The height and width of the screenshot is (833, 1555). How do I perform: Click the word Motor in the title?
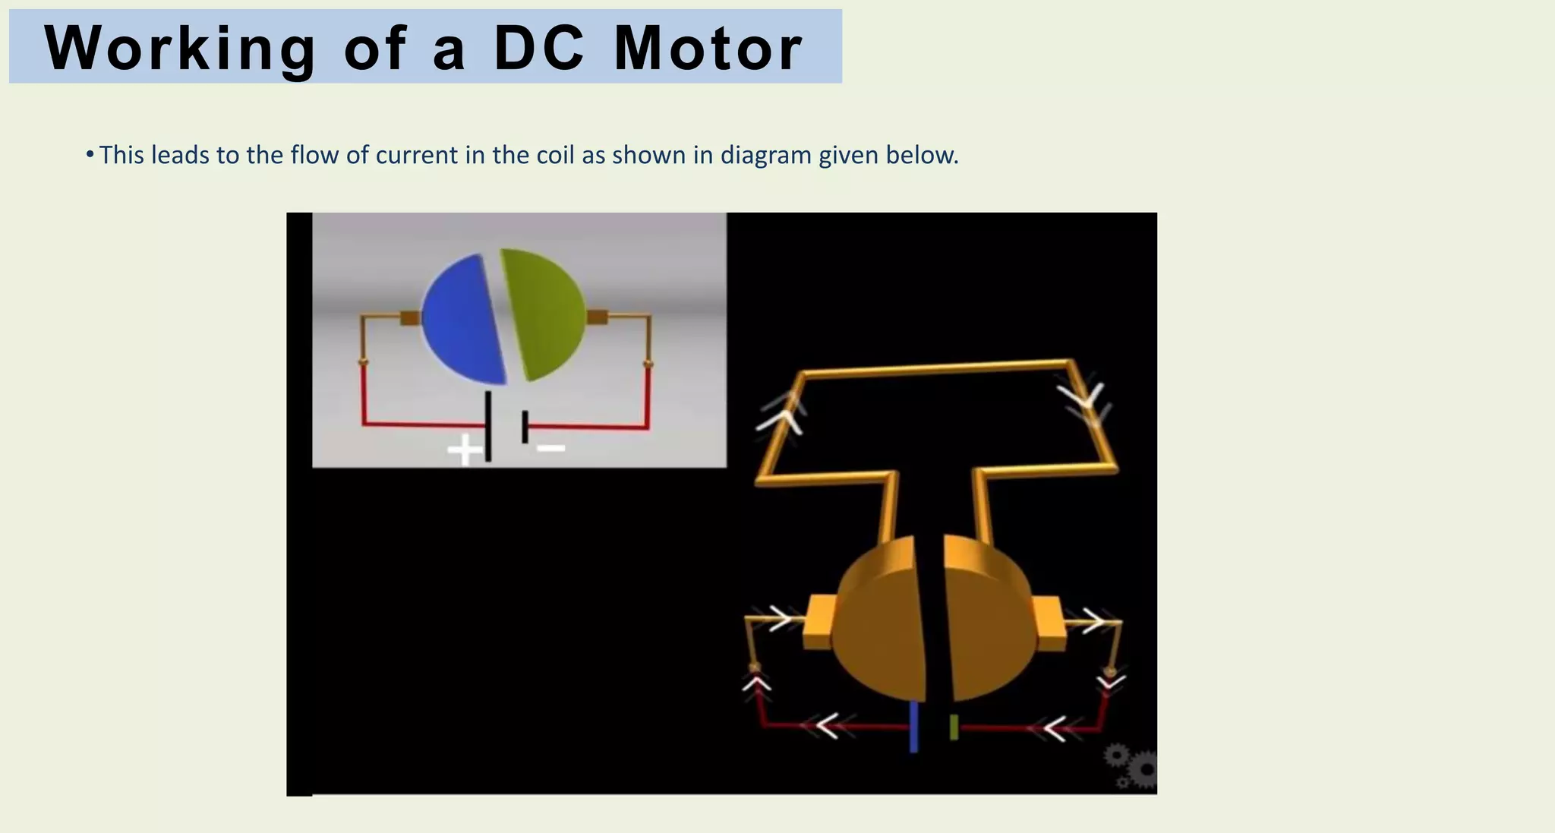(x=708, y=49)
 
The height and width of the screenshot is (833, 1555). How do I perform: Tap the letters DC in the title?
(x=539, y=49)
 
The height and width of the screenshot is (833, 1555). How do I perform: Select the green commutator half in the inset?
(x=541, y=314)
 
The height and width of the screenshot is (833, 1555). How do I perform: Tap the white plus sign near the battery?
(x=464, y=449)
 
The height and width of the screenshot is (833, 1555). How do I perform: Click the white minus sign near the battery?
(x=550, y=448)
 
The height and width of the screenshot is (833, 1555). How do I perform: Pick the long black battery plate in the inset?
(x=487, y=426)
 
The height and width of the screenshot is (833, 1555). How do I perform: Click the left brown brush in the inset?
(x=410, y=318)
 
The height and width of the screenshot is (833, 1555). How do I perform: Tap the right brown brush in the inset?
(x=598, y=317)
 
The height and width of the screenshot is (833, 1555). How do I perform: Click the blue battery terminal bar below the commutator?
(x=913, y=726)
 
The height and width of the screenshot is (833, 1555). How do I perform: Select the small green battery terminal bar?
(x=954, y=727)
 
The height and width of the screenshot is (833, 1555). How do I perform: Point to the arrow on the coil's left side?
(x=785, y=414)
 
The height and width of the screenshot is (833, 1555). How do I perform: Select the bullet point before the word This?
(x=90, y=155)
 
